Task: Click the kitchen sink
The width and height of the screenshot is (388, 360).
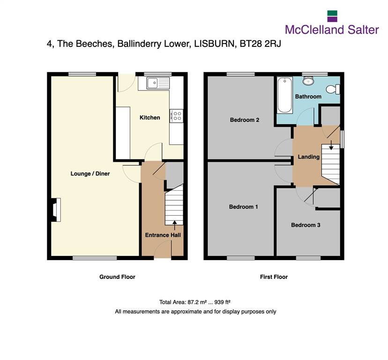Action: tap(158, 83)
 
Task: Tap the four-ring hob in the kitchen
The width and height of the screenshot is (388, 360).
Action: tap(177, 116)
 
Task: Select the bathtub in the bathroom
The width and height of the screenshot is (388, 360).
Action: tap(284, 95)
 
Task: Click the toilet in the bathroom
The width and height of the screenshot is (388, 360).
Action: tap(333, 89)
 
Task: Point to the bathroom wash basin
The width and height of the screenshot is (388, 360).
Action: tap(308, 81)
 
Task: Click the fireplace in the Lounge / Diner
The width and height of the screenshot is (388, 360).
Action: tap(56, 210)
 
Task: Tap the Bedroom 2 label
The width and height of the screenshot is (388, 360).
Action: tap(245, 120)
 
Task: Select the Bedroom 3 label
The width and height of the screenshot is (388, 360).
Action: tap(306, 225)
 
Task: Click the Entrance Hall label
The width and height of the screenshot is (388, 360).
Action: tap(163, 235)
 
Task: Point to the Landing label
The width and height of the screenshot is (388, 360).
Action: tap(308, 157)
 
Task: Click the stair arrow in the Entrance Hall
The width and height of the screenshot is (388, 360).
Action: tap(175, 225)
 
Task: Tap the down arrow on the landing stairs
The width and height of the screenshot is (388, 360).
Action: tap(331, 145)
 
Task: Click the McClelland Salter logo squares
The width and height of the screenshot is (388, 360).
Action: tap(332, 16)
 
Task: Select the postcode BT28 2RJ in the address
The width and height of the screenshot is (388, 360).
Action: tap(261, 44)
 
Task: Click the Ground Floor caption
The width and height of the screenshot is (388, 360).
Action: tap(117, 277)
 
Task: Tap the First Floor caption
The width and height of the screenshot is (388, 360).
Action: tap(274, 277)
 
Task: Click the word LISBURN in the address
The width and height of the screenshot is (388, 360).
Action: tap(214, 44)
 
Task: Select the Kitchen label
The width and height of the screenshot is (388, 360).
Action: tap(149, 117)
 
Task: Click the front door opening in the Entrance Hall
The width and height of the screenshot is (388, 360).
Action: tap(163, 258)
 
